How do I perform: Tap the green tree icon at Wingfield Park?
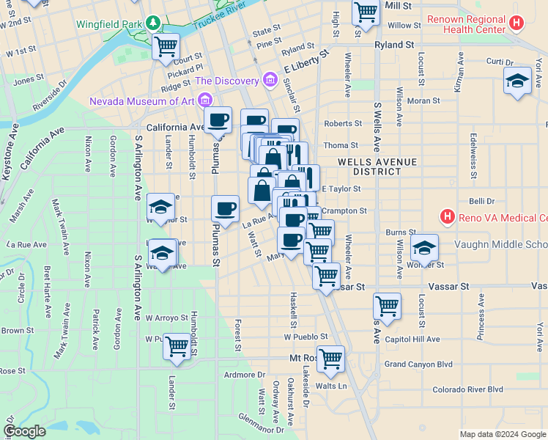(153, 23)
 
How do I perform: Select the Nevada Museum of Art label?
(144, 100)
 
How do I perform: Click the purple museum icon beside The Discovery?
(270, 79)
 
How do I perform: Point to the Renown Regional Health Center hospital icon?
(517, 23)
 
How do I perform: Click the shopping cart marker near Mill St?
(365, 12)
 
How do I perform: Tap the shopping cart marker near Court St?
(166, 47)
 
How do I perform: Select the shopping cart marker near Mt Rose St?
(331, 359)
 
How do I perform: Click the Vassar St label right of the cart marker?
(352, 287)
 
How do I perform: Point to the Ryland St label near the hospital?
(393, 45)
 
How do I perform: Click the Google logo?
(25, 431)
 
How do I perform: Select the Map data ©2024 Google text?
(503, 434)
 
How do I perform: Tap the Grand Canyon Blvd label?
(419, 364)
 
